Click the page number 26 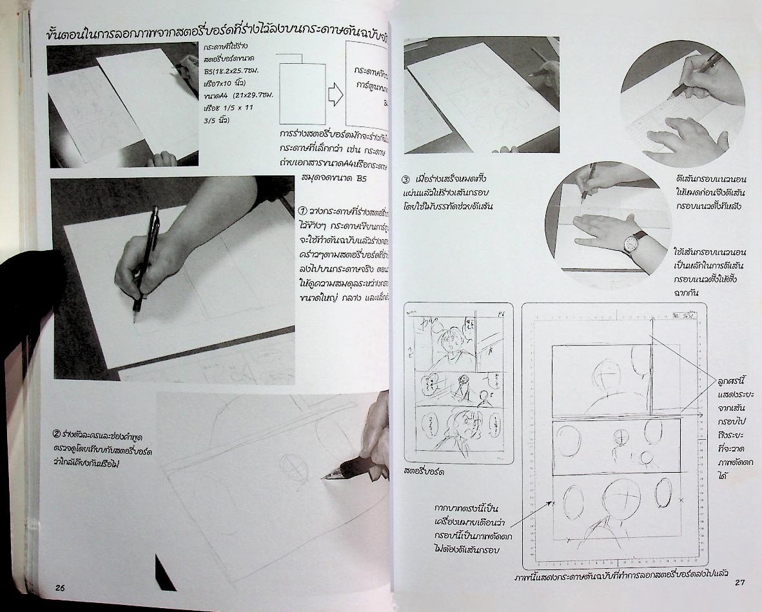coord(60,587)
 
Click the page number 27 coord(739,583)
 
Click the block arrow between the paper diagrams coord(334,95)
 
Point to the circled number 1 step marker coord(304,211)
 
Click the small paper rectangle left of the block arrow coord(300,95)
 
